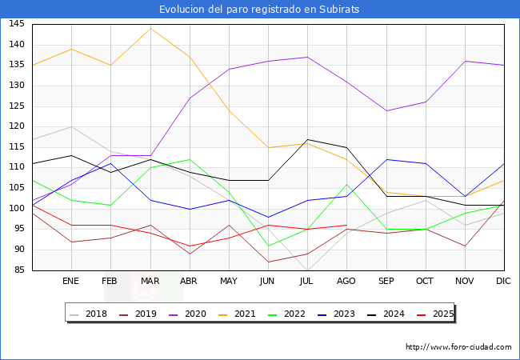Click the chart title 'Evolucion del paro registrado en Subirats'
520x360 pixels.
[259, 10]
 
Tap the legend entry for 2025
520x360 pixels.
[441, 314]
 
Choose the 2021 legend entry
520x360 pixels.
[244, 314]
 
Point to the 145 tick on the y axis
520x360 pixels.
[17, 24]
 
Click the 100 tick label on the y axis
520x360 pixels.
[17, 209]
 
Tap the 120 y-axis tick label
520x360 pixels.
[17, 126]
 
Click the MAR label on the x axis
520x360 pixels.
[150, 282]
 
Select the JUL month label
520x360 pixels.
[307, 282]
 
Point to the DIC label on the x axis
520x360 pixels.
[504, 282]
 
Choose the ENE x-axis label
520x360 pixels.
[71, 282]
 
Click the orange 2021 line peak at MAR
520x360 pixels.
[150, 28]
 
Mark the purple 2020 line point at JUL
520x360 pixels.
[307, 57]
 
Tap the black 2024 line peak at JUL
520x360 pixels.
[307, 139]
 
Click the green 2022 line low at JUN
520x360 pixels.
[268, 246]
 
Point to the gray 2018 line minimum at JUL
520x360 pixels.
[307, 270]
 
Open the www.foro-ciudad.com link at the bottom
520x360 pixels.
[458, 347]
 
